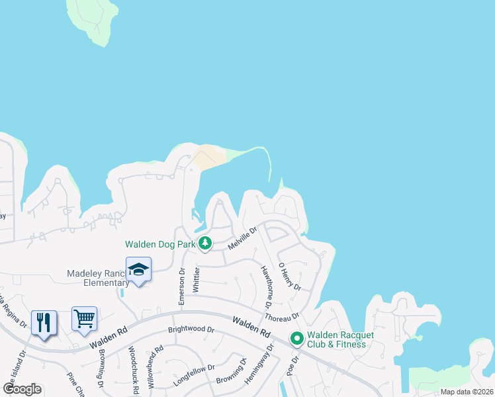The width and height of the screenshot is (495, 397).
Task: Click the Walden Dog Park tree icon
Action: click(x=205, y=243)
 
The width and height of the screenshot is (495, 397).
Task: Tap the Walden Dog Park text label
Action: click(x=161, y=244)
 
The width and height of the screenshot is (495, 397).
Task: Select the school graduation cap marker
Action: click(x=138, y=269)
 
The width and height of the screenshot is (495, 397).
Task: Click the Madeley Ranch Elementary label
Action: click(x=99, y=278)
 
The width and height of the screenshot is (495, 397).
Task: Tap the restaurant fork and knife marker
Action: click(x=44, y=322)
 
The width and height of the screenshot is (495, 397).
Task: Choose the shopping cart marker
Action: click(x=85, y=319)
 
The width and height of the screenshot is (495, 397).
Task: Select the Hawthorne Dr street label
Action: click(x=266, y=287)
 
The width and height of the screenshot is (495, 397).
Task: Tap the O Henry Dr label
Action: click(x=289, y=277)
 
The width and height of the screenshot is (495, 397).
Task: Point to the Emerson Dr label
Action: click(x=181, y=285)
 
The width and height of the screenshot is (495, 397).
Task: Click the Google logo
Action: click(x=22, y=388)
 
